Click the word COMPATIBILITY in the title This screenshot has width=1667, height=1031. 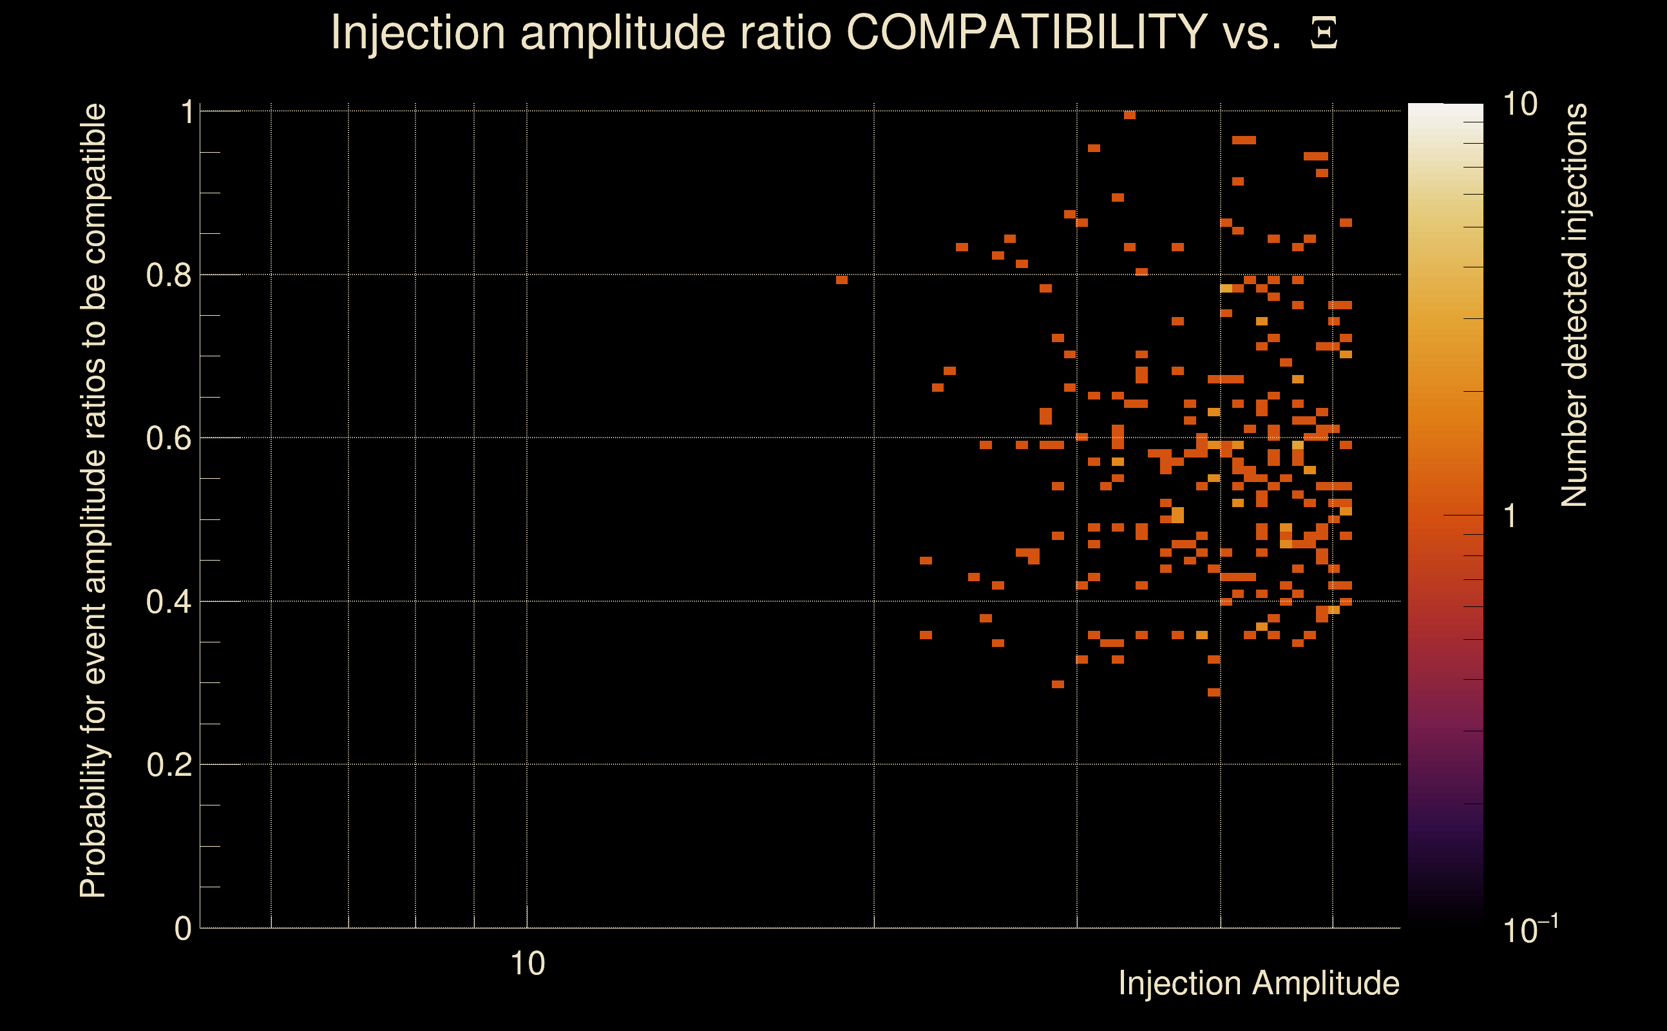pyautogui.click(x=1026, y=32)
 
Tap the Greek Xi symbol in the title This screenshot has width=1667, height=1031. pyautogui.click(x=1324, y=34)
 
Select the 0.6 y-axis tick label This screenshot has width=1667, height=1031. pyautogui.click(x=169, y=438)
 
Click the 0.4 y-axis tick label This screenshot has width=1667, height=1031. pyautogui.click(x=169, y=601)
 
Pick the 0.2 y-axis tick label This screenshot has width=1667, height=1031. pyautogui.click(x=169, y=764)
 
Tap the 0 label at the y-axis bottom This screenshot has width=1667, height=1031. pyautogui.click(x=184, y=928)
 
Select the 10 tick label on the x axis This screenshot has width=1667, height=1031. pyautogui.click(x=528, y=963)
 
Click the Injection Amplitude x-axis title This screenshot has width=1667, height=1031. pyautogui.click(x=1259, y=983)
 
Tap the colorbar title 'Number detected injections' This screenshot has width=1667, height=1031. pyautogui.click(x=1574, y=305)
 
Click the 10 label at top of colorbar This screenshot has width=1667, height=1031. pyautogui.click(x=1519, y=104)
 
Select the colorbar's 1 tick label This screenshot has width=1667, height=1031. pyautogui.click(x=1510, y=516)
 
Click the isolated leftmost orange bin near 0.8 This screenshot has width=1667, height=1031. pyautogui.click(x=842, y=280)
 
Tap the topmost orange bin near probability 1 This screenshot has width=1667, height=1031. pyautogui.click(x=1129, y=115)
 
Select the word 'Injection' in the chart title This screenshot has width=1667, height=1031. pyautogui.click(x=418, y=32)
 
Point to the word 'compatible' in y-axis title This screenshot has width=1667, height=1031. pyautogui.click(x=93, y=184)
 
